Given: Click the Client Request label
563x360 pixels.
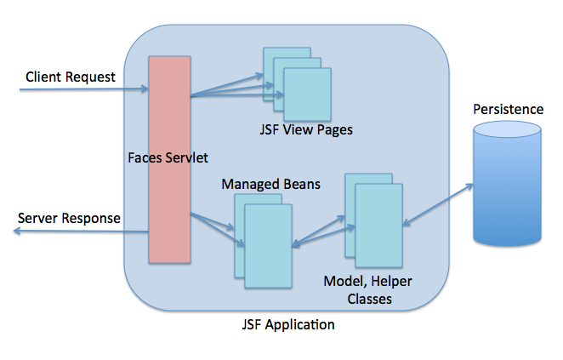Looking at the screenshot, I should click(x=71, y=77).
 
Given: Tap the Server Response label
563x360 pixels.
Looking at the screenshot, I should click(x=69, y=219).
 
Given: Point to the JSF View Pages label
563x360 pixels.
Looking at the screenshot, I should click(x=305, y=130).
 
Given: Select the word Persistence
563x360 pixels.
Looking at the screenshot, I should click(x=509, y=110).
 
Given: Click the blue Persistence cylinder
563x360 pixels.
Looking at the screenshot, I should click(x=509, y=183).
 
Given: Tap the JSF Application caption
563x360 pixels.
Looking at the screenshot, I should click(x=288, y=324).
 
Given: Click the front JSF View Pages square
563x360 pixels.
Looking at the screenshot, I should click(x=307, y=94).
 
